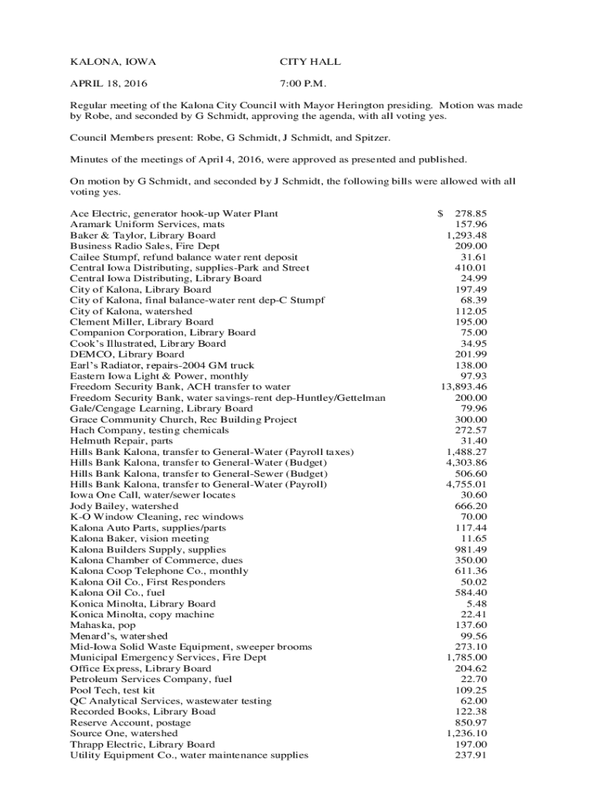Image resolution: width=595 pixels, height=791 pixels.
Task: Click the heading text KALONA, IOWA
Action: [108, 62]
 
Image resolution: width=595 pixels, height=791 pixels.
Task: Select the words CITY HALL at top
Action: [310, 62]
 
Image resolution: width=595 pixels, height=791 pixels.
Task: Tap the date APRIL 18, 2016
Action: [109, 83]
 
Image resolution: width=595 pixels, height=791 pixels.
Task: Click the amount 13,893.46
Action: [464, 386]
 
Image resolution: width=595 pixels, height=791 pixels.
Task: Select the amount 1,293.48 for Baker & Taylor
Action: [467, 235]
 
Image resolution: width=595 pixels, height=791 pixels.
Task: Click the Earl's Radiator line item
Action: [161, 365]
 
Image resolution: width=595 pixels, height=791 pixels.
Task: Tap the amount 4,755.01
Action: [467, 484]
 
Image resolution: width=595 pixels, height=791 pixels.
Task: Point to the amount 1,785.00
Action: [467, 657]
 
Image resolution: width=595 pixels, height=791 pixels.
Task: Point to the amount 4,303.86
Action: [467, 463]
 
